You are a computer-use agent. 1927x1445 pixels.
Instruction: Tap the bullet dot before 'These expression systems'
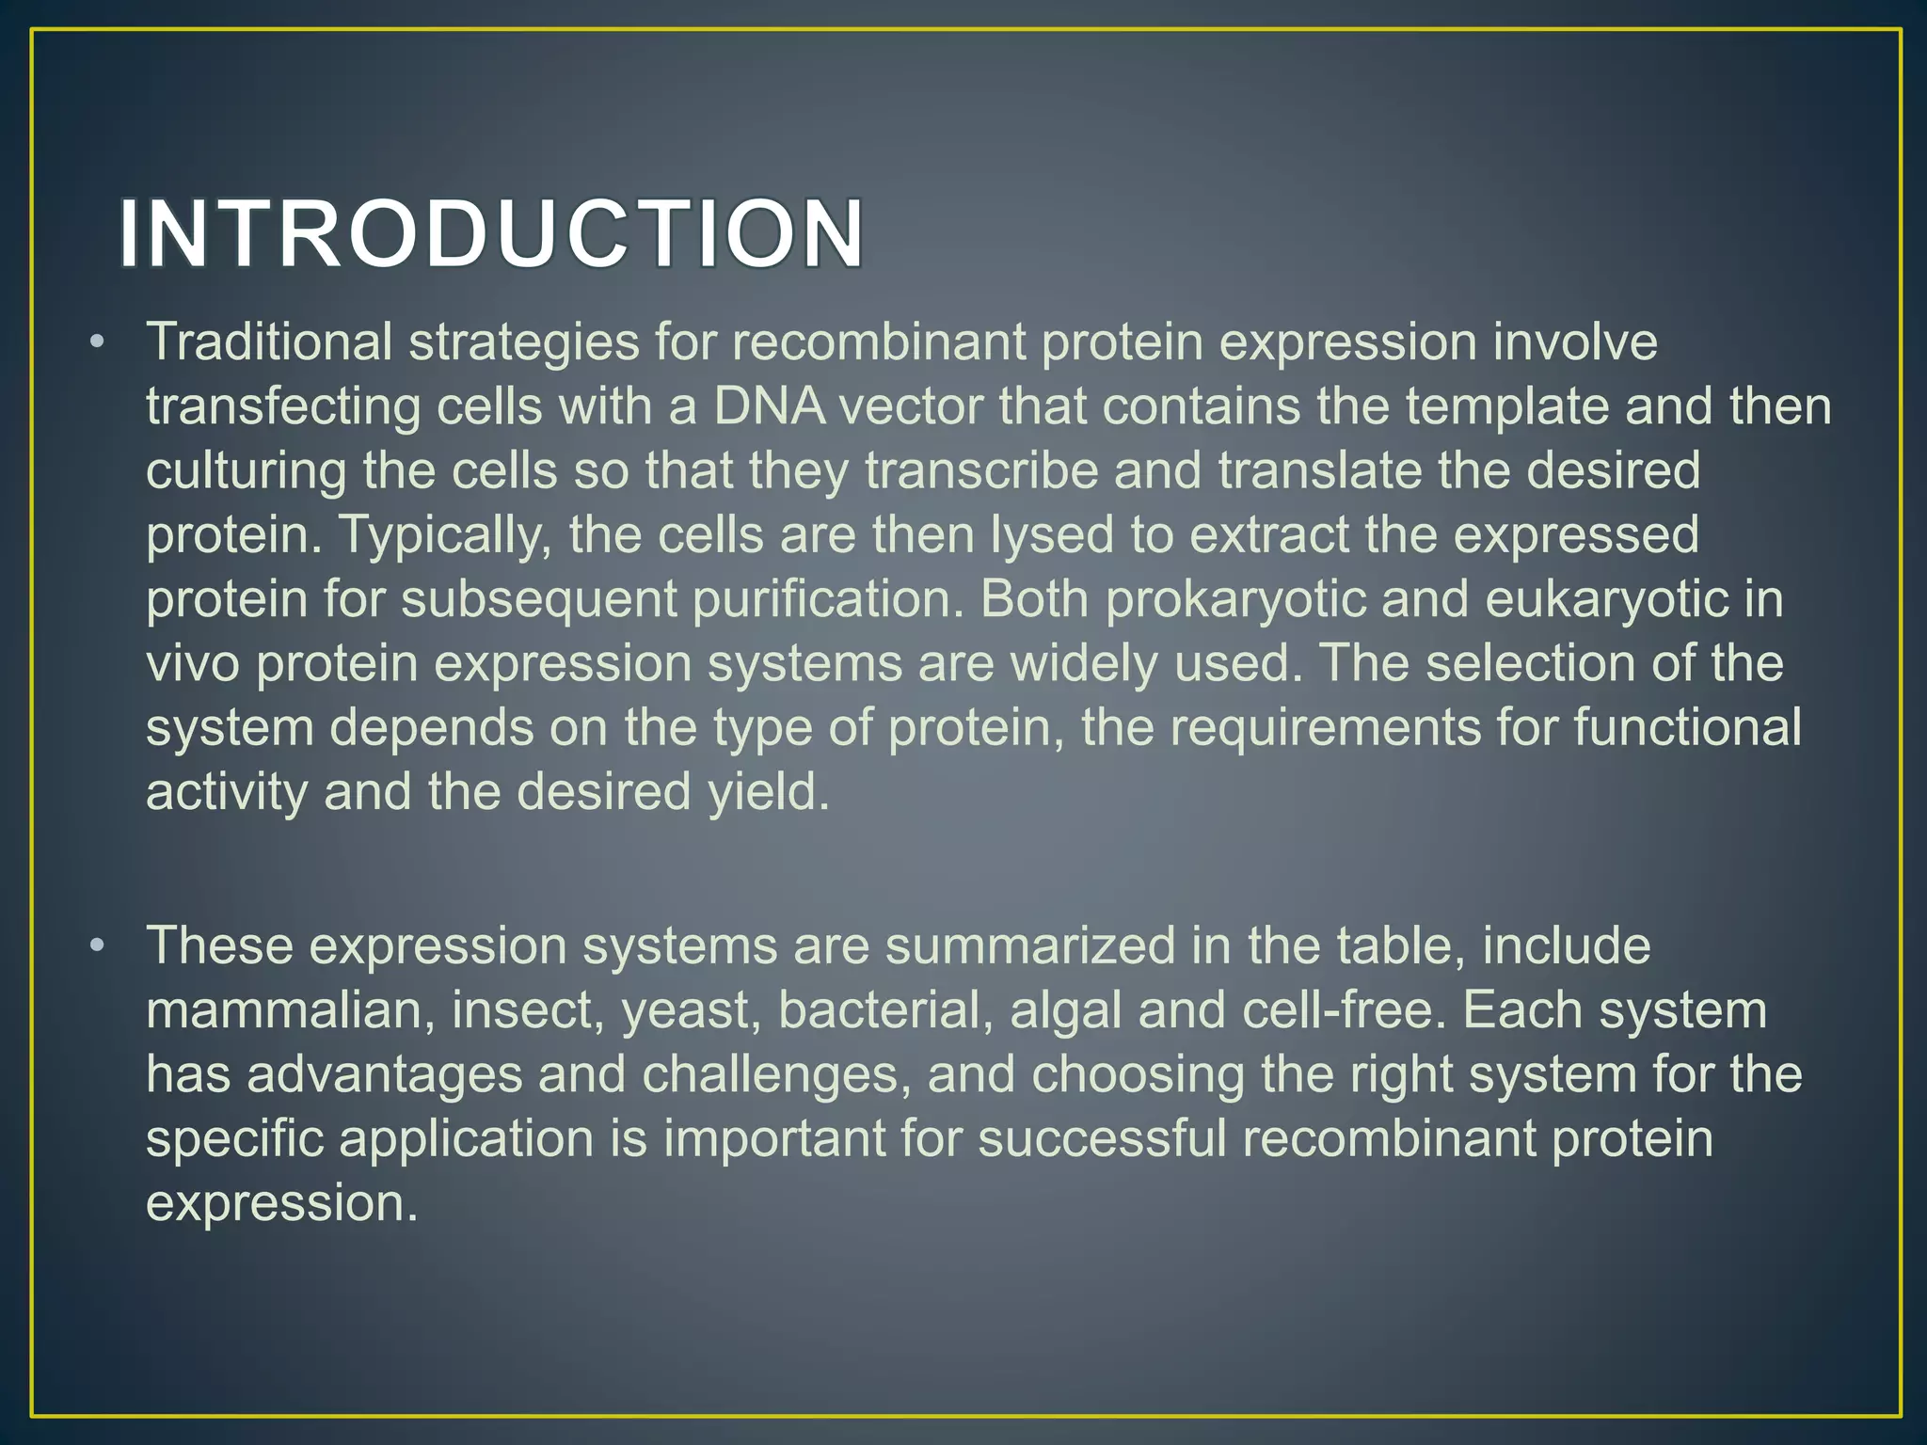pyautogui.click(x=97, y=947)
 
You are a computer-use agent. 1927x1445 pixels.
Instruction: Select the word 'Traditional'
pyautogui.click(x=268, y=341)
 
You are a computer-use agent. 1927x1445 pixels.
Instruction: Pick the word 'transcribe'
pyautogui.click(x=981, y=470)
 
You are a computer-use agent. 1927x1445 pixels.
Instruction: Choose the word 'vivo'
pyautogui.click(x=193, y=663)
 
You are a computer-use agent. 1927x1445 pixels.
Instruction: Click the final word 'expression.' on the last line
pyautogui.click(x=281, y=1203)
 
